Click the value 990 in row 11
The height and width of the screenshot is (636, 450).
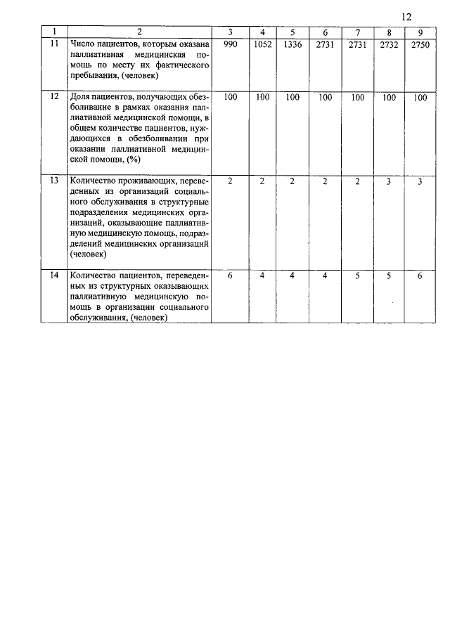click(231, 44)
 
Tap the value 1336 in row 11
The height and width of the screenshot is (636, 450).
click(292, 44)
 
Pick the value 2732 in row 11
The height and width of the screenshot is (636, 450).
click(389, 44)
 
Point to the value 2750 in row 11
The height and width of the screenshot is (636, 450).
click(420, 44)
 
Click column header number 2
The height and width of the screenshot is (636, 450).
click(139, 32)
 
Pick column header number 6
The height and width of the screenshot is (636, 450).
click(325, 32)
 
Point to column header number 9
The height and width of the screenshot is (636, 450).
click(420, 32)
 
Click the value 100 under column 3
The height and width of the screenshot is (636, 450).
click(231, 98)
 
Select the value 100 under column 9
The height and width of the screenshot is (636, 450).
click(420, 98)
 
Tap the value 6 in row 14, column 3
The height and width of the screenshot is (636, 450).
click(231, 275)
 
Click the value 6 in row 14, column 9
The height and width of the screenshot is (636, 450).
click(420, 275)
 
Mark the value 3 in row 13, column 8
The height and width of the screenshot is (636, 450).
click(389, 181)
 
